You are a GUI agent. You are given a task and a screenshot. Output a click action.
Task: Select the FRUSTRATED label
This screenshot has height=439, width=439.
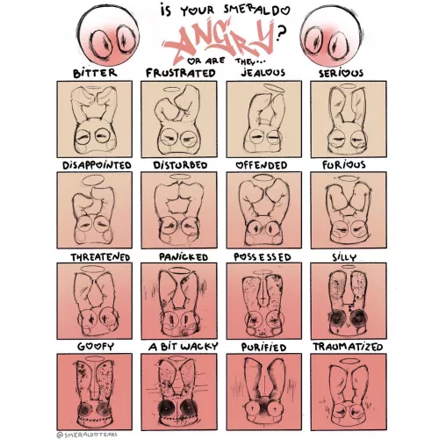click(180, 73)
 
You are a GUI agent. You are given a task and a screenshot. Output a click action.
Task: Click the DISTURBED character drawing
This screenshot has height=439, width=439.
click(179, 210)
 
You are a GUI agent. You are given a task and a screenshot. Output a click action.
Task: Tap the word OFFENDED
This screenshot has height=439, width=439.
click(263, 164)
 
